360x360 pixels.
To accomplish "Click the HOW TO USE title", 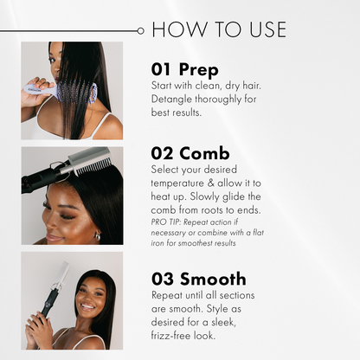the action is click(219, 29).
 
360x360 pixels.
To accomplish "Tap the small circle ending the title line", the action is click(140, 31).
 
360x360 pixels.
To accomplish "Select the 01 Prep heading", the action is click(185, 69).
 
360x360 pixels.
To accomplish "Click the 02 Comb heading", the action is click(190, 153).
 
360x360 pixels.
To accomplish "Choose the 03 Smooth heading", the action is click(199, 279).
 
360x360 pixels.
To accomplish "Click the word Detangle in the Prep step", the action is click(172, 100).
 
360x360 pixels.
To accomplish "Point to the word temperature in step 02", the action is click(177, 183).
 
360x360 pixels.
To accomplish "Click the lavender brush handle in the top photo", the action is click(37, 87).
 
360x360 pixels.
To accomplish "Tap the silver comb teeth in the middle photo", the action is click(93, 165).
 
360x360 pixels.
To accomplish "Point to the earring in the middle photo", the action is click(98, 236).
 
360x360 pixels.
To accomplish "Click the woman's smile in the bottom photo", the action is click(88, 306).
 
